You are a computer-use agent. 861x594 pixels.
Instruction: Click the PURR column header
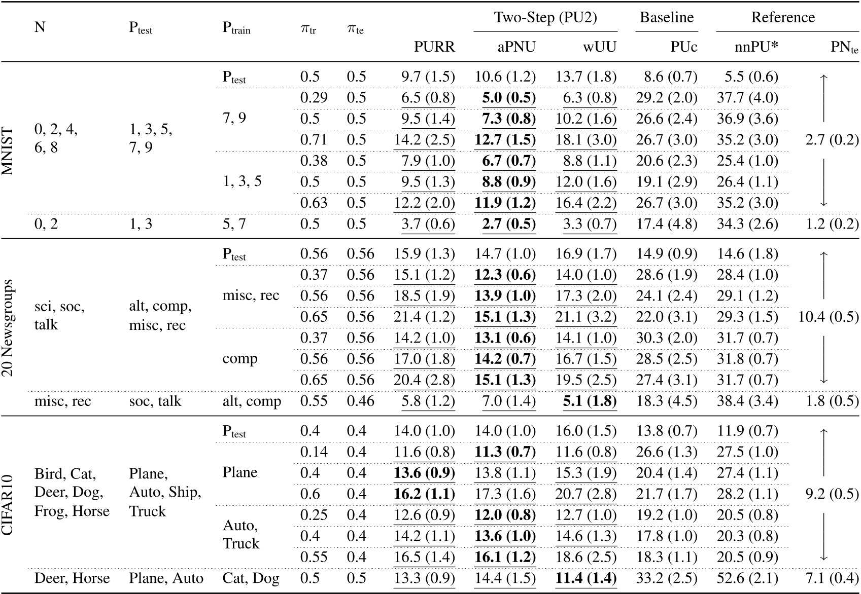[434, 47]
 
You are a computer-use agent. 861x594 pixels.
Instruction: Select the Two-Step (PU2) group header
[545, 18]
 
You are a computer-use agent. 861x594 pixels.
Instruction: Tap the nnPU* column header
[756, 47]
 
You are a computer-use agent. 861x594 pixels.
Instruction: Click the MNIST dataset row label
[9, 150]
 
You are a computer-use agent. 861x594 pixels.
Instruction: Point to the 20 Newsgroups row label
[9, 327]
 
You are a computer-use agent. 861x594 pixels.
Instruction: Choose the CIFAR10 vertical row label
[9, 504]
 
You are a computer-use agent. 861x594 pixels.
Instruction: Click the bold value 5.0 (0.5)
[508, 97]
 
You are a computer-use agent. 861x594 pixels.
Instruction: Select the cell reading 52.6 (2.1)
[747, 578]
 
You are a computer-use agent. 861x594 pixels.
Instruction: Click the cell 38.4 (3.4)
[747, 401]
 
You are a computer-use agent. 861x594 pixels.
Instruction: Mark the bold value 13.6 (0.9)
[424, 473]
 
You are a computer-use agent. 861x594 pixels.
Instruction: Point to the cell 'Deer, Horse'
[72, 578]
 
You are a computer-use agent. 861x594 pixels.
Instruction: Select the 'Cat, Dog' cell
[251, 578]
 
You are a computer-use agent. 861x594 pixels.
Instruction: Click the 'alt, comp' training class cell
[252, 401]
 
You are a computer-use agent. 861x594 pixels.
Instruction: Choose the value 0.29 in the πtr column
[314, 97]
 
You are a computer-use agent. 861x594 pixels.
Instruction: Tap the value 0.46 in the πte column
[360, 401]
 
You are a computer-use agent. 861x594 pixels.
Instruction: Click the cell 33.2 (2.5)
[667, 578]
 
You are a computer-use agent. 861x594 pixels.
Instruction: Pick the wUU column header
[599, 47]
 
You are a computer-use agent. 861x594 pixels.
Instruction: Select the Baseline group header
[666, 18]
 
